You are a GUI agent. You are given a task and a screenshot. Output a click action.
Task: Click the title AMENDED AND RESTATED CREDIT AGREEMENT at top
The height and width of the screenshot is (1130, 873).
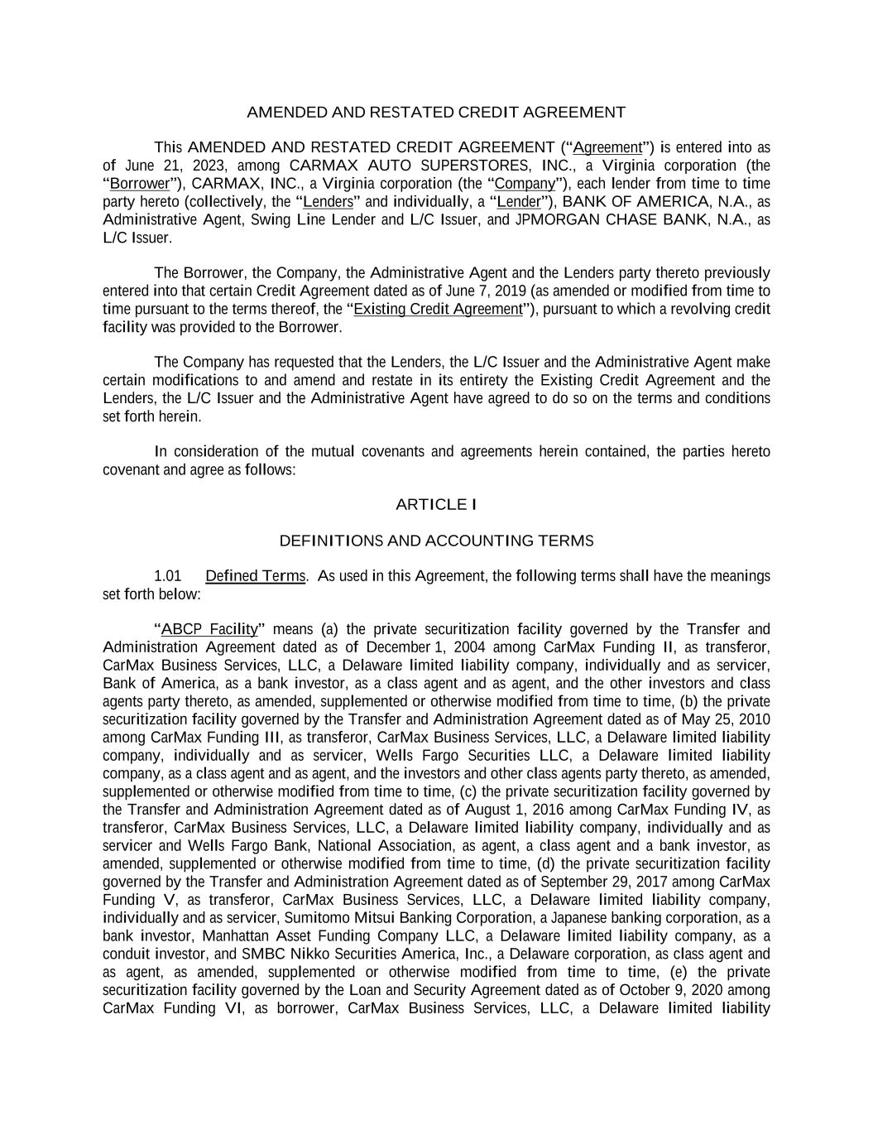pyautogui.click(x=436, y=113)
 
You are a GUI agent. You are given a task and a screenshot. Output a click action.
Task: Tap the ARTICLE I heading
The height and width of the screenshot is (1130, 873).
pyautogui.click(x=436, y=505)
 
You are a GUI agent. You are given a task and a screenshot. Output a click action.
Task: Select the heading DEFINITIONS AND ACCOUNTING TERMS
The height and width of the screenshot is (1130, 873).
pyautogui.click(x=436, y=541)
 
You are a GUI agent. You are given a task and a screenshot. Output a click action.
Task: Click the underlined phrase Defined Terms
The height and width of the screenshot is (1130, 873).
pyautogui.click(x=255, y=576)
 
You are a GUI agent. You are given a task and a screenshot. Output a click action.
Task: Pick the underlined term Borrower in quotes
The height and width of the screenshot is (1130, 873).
pyautogui.click(x=139, y=184)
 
